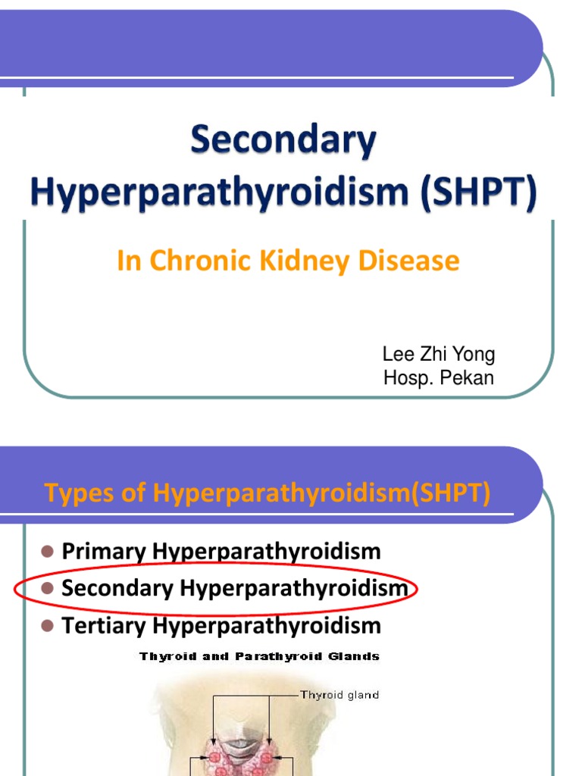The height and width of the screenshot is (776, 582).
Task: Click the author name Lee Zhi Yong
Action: pos(439,355)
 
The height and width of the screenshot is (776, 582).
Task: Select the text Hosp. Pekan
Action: pos(438,378)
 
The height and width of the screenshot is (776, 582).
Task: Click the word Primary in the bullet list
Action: pos(105,551)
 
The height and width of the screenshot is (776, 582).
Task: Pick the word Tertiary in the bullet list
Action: pos(105,625)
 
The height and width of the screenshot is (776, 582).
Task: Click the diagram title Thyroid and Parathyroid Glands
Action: pos(259,656)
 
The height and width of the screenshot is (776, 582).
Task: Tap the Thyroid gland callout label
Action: pos(339,693)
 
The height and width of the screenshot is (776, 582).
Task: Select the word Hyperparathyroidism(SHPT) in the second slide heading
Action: pos(322,494)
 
